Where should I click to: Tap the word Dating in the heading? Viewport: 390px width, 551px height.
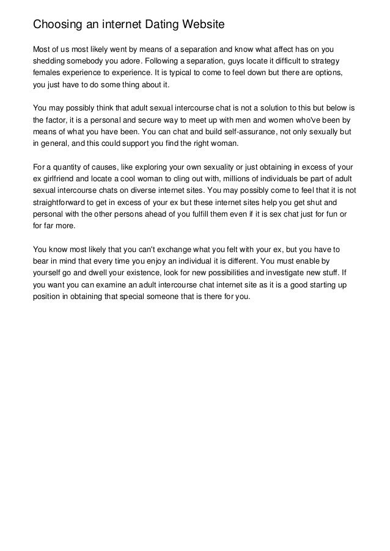161,25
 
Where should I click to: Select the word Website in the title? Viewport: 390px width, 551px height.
203,25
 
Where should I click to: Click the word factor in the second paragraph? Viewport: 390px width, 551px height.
58,121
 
